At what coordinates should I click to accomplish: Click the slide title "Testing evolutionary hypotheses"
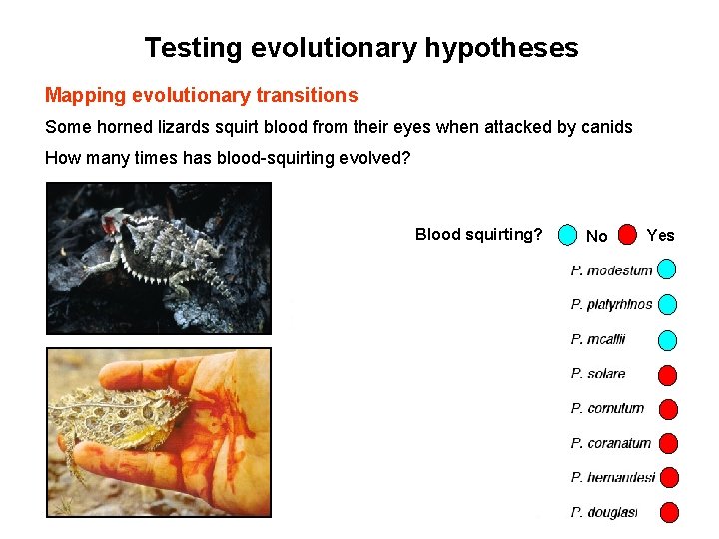pyautogui.click(x=360, y=47)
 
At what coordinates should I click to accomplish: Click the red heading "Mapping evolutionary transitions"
pyautogui.click(x=201, y=96)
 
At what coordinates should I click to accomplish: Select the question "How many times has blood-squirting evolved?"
pyautogui.click(x=228, y=158)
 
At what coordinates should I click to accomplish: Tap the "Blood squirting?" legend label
pyautogui.click(x=478, y=235)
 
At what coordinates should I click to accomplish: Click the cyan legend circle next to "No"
pyautogui.click(x=567, y=235)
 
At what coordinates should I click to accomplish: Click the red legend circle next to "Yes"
pyautogui.click(x=627, y=235)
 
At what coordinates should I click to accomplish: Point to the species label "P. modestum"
pyautogui.click(x=611, y=270)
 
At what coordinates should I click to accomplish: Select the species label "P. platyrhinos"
pyautogui.click(x=611, y=304)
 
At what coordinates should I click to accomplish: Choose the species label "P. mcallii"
pyautogui.click(x=597, y=339)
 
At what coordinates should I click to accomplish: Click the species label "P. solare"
pyautogui.click(x=598, y=374)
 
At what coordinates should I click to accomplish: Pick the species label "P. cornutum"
pyautogui.click(x=607, y=408)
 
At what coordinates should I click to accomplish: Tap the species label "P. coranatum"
pyautogui.click(x=610, y=443)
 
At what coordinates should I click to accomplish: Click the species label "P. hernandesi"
pyautogui.click(x=612, y=478)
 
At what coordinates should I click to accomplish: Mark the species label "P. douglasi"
pyautogui.click(x=603, y=512)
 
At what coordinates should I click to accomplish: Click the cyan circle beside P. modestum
pyautogui.click(x=667, y=269)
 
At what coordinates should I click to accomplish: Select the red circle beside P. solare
pyautogui.click(x=667, y=375)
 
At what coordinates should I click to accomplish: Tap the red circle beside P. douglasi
pyautogui.click(x=668, y=512)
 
